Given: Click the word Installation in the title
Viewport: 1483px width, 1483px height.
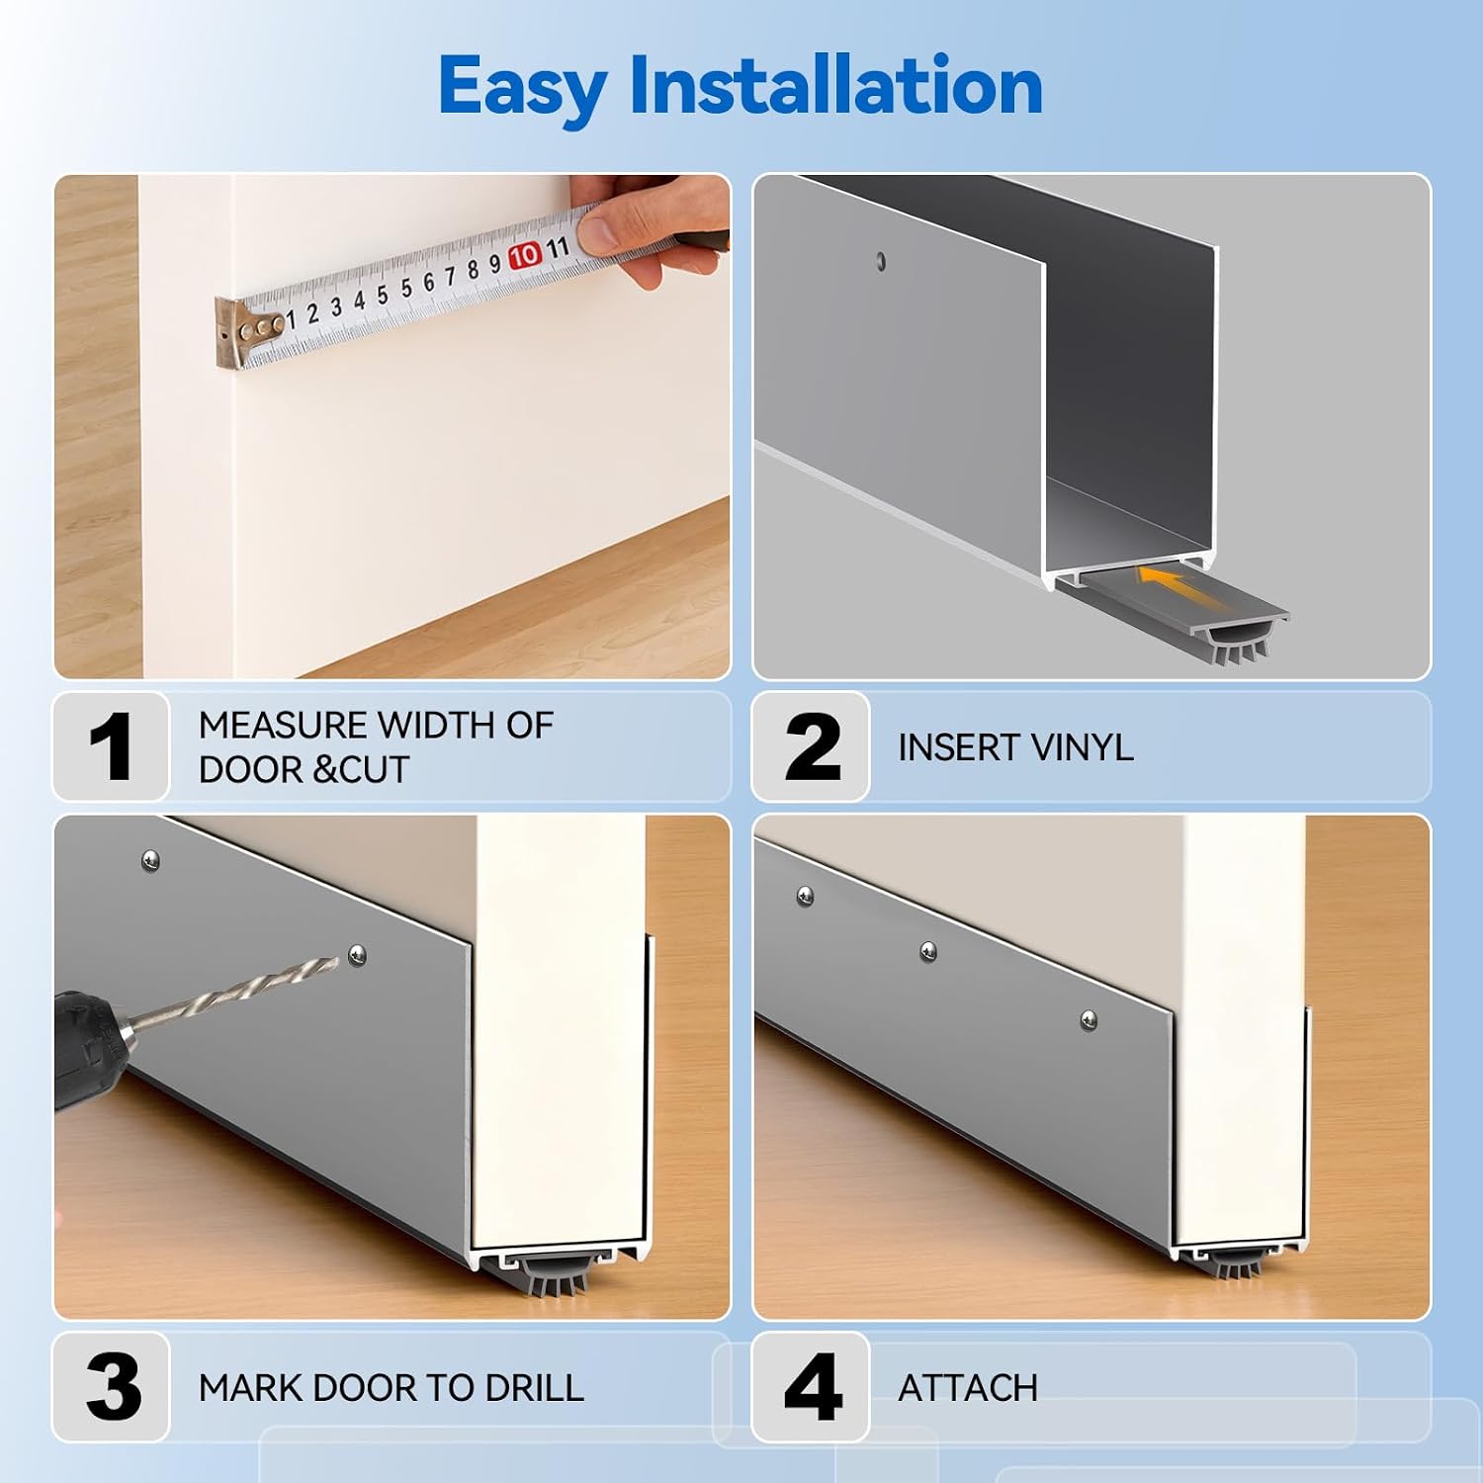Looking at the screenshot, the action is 836,86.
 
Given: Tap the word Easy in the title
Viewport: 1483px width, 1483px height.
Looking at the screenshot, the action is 522,90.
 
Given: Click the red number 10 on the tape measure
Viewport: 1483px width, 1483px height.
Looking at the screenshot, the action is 524,255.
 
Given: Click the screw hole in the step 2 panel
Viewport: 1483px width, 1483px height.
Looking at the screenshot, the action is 881,262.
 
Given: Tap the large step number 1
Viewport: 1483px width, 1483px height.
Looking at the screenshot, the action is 110,746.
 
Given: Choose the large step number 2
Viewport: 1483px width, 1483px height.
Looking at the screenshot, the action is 813,746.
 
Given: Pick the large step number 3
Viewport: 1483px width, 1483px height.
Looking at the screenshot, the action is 114,1387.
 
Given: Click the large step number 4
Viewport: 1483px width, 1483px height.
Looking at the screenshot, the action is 813,1387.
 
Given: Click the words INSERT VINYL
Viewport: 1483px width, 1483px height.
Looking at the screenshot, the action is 1015,747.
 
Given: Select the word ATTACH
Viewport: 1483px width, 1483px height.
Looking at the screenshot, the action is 968,1388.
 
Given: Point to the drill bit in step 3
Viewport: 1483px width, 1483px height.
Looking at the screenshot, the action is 233,993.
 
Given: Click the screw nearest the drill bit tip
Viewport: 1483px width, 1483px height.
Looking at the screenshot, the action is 358,954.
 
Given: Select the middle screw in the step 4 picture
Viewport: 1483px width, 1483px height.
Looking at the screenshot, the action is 928,951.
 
